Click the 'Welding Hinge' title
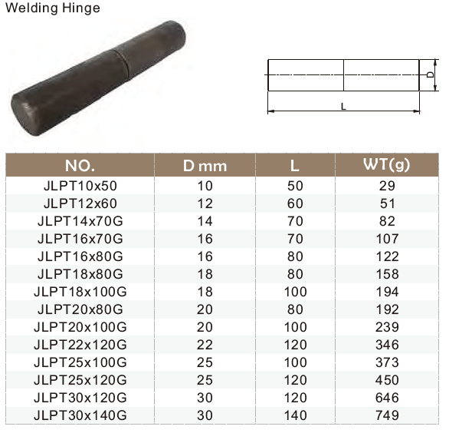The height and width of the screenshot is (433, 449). click(51, 8)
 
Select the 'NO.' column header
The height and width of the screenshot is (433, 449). click(80, 165)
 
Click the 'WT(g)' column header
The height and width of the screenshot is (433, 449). click(387, 165)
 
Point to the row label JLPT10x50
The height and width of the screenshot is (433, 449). click(80, 186)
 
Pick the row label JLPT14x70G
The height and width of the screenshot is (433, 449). click(80, 221)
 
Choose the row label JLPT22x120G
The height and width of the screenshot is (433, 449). click(80, 345)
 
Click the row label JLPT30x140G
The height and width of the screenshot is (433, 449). click(80, 415)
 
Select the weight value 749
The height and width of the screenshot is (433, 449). click(387, 415)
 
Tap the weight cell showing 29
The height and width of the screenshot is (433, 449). click(387, 186)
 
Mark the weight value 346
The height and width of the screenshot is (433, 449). click(387, 345)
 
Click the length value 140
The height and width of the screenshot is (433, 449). click(294, 415)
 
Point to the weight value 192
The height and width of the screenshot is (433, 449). click(387, 309)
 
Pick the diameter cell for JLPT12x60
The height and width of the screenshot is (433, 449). click(205, 203)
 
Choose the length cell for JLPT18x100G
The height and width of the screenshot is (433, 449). click(294, 292)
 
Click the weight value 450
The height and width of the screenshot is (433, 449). click(387, 380)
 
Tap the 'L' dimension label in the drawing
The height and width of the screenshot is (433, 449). click(343, 106)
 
